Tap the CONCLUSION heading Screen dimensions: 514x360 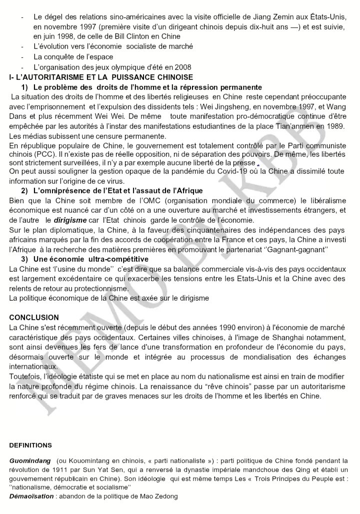coord(34,317)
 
